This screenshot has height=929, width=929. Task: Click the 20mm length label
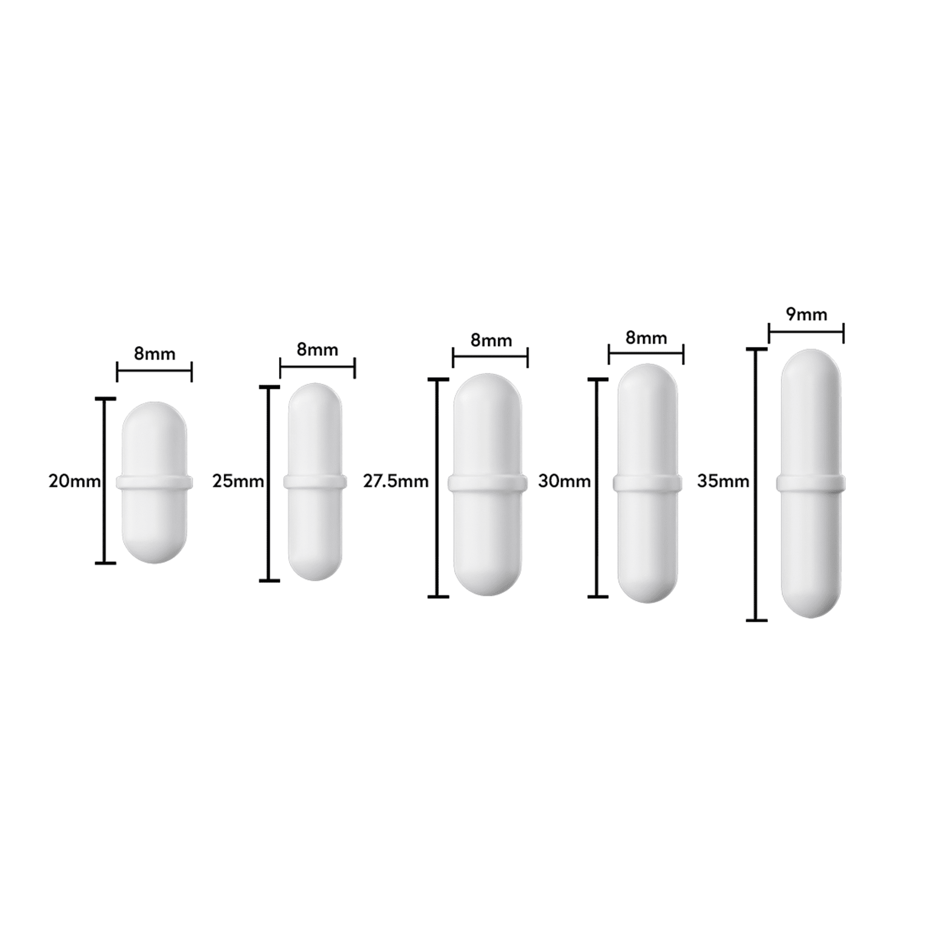click(74, 481)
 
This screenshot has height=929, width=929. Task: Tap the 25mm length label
click(238, 481)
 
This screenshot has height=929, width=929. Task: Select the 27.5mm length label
click(396, 481)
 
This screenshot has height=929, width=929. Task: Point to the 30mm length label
click(564, 481)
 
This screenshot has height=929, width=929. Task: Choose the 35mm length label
click(723, 481)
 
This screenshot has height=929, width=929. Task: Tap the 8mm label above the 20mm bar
click(154, 354)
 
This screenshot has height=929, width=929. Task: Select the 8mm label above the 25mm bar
click(318, 350)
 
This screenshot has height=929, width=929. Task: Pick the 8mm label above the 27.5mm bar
click(491, 341)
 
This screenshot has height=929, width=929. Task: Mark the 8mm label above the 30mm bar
click(646, 338)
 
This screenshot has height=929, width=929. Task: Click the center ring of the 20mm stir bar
click(154, 482)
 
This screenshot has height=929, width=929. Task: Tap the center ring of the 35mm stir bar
click(811, 483)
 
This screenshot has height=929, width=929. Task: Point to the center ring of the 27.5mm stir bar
click(488, 483)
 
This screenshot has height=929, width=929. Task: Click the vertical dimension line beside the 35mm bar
click(755, 529)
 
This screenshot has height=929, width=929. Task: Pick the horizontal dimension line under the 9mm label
click(807, 331)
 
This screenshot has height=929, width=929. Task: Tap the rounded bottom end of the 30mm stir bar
click(647, 591)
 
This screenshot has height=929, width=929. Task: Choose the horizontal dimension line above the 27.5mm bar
click(490, 356)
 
